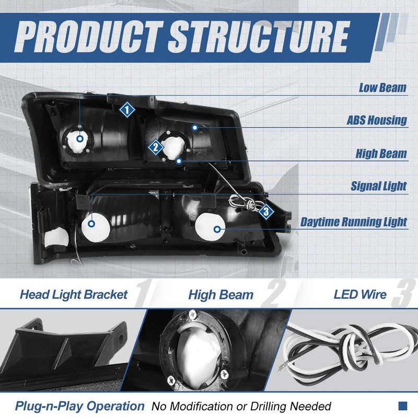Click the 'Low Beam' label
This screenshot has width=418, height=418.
pyautogui.click(x=382, y=87)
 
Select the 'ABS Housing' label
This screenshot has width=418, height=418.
pyautogui.click(x=377, y=120)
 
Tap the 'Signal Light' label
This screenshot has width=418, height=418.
pyautogui.click(x=378, y=186)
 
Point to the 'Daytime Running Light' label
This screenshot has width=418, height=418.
pyautogui.click(x=354, y=222)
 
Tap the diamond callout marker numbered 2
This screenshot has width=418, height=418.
pyautogui.click(x=155, y=147)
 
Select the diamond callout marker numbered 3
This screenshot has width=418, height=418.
pyautogui.click(x=266, y=212)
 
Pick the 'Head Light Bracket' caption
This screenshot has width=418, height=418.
pyautogui.click(x=74, y=294)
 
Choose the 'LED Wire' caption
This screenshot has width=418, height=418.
pyautogui.click(x=360, y=294)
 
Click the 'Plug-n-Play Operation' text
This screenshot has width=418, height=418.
pyautogui.click(x=80, y=406)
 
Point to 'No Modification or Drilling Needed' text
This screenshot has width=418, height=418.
pyautogui.click(x=241, y=406)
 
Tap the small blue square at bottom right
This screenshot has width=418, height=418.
pyautogui.click(x=403, y=406)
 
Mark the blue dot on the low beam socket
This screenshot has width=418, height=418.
pyautogui.click(x=80, y=138)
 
